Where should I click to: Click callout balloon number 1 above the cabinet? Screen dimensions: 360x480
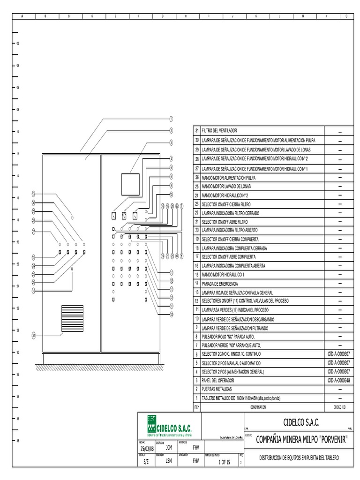172,119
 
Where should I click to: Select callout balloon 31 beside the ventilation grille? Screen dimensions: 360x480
34,335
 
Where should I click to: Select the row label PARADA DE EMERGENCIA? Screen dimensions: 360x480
220,284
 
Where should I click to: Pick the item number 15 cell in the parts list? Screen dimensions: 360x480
197,275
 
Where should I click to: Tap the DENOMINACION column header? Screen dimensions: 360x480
258,407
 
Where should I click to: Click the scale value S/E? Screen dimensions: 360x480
145,462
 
